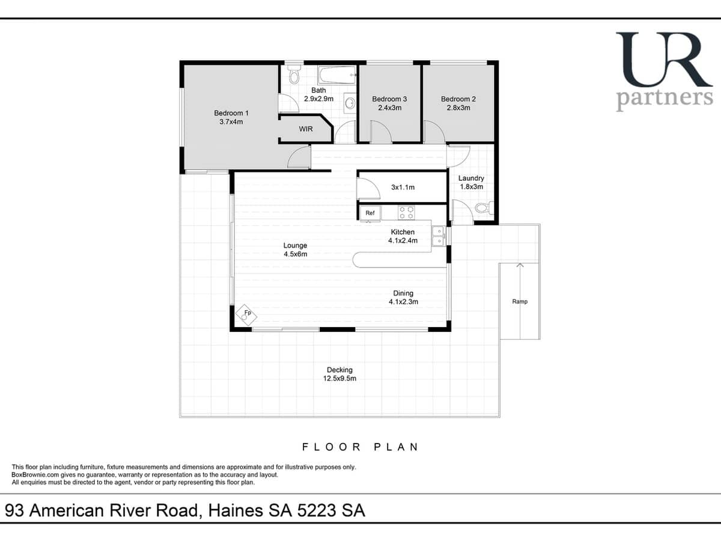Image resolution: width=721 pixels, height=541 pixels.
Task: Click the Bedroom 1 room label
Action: pyautogui.click(x=231, y=113)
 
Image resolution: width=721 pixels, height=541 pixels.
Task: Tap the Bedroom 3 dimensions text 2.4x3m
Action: pyautogui.click(x=389, y=108)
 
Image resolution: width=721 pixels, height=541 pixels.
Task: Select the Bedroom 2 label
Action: pyautogui.click(x=458, y=99)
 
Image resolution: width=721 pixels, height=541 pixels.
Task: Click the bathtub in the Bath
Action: pyautogui.click(x=336, y=76)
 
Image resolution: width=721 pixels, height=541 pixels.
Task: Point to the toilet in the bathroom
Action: pyautogui.click(x=294, y=75)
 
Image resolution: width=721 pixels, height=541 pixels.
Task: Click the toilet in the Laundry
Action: pyautogui.click(x=484, y=209)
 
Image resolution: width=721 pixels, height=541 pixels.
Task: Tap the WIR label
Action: pyautogui.click(x=306, y=129)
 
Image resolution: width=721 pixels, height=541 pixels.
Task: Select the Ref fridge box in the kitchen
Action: pyautogui.click(x=370, y=213)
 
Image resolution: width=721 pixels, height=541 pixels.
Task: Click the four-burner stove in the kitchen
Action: pyautogui.click(x=406, y=212)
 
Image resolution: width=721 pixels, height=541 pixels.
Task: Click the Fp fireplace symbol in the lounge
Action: pyautogui.click(x=246, y=314)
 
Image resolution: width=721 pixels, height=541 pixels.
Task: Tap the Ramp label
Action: pyautogui.click(x=520, y=301)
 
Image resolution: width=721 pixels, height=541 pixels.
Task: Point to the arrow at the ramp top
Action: pyautogui.click(x=520, y=266)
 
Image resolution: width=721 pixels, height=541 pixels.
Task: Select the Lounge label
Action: pyautogui.click(x=295, y=245)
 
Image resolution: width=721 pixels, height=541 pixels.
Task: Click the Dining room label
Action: pyautogui.click(x=403, y=293)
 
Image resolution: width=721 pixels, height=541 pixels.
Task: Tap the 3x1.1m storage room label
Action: pyautogui.click(x=403, y=187)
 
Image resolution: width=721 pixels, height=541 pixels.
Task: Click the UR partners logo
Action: pyautogui.click(x=664, y=71)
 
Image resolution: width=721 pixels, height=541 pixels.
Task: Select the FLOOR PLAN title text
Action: pyautogui.click(x=360, y=447)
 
